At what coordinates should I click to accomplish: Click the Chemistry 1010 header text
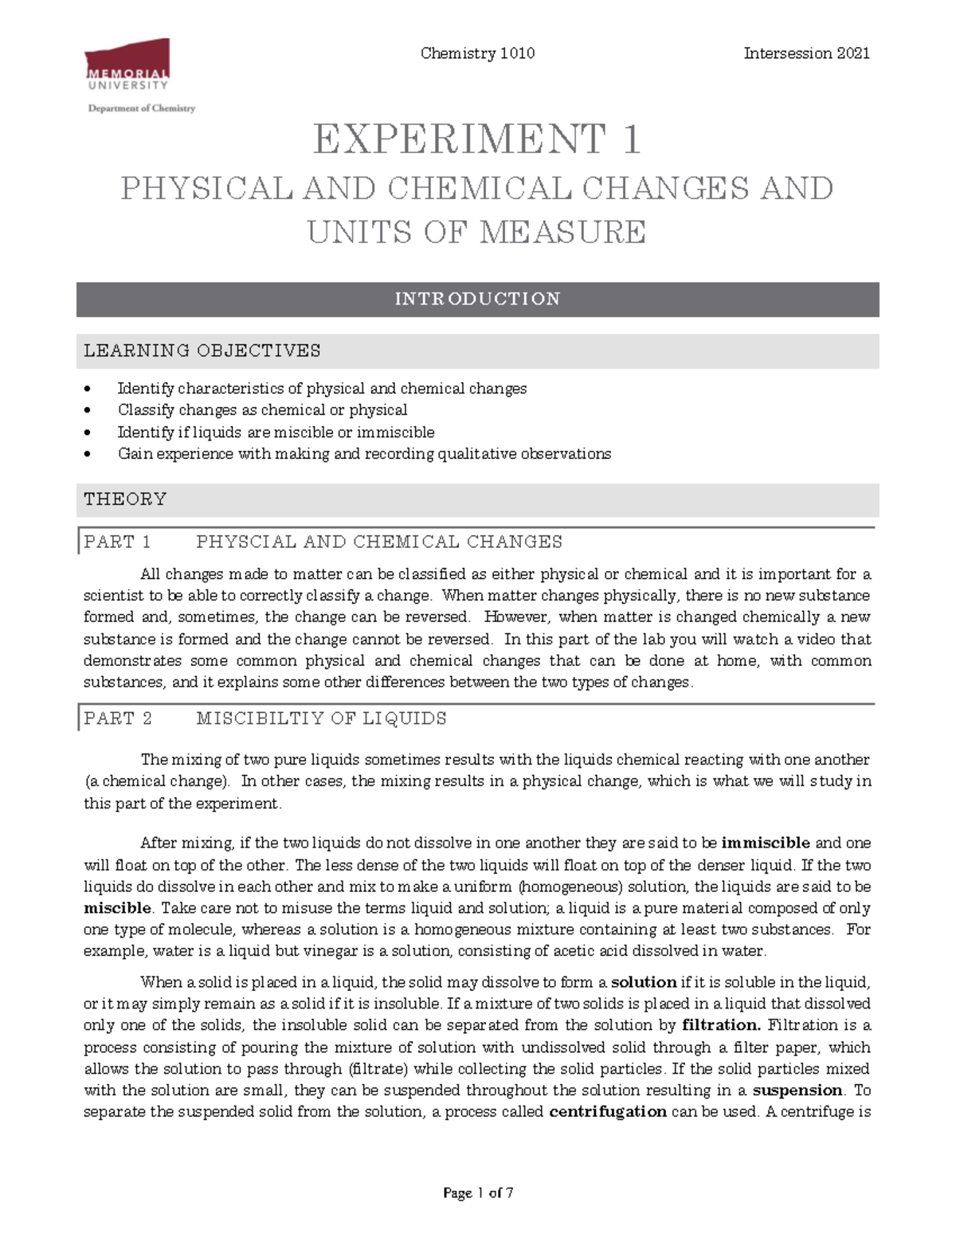(477, 53)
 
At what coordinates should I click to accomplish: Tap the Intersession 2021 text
(806, 53)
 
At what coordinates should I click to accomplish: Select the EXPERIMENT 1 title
(477, 139)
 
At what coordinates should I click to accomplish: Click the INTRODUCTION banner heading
(477, 299)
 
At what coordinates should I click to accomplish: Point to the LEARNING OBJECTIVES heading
(202, 350)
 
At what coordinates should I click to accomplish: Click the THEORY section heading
(125, 499)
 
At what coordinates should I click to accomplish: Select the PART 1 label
(117, 542)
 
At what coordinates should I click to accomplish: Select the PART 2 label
(117, 718)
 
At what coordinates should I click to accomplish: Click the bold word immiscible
(765, 843)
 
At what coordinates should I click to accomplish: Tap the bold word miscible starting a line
(117, 908)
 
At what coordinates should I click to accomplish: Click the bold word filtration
(721, 1025)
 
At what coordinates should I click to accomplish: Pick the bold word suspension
(797, 1090)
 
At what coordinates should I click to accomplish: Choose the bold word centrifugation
(608, 1112)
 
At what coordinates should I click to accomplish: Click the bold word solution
(643, 982)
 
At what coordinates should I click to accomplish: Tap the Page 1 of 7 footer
(477, 1192)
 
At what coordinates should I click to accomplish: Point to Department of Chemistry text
(141, 108)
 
